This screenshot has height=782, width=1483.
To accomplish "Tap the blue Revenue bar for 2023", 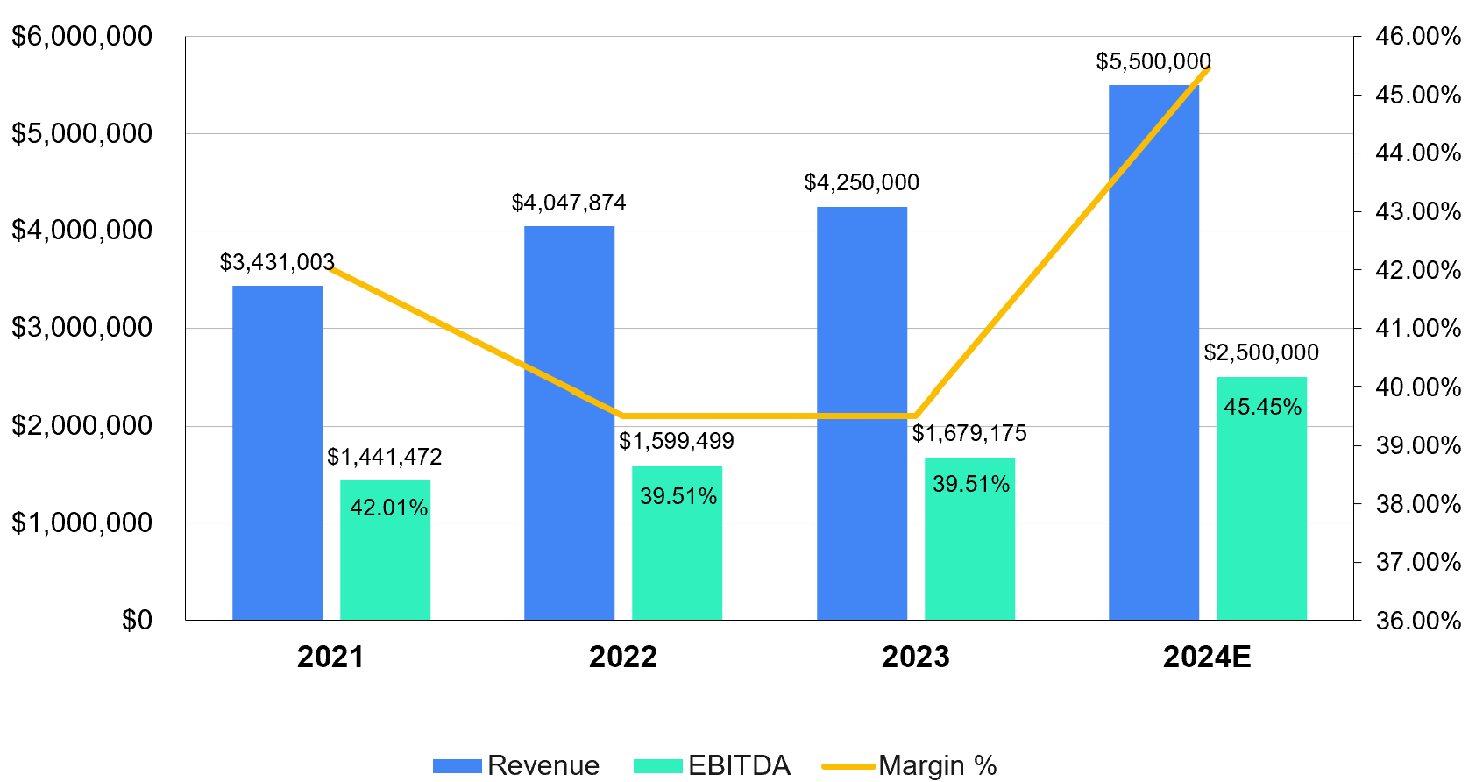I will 862,413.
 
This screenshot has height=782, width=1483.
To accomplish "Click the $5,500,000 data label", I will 1153,61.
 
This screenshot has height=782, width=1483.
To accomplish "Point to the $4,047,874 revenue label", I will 569,203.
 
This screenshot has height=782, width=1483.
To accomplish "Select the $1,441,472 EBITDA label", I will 385,457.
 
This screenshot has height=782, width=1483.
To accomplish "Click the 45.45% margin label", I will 1262,407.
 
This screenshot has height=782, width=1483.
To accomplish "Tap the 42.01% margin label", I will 388,508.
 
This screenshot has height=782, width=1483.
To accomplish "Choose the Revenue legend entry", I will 517,765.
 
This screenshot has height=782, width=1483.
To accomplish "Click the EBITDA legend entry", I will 713,765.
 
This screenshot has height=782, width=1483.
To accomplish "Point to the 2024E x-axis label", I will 1207,657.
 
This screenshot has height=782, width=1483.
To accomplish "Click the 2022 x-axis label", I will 622,657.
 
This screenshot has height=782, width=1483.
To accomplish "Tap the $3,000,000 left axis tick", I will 82,328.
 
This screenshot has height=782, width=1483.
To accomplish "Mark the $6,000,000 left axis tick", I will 82,36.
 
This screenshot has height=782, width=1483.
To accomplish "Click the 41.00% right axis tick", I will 1418,328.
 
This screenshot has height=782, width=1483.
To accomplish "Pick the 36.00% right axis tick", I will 1418,620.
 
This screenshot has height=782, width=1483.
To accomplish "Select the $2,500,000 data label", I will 1261,352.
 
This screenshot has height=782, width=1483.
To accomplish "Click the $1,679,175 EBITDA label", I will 969,433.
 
